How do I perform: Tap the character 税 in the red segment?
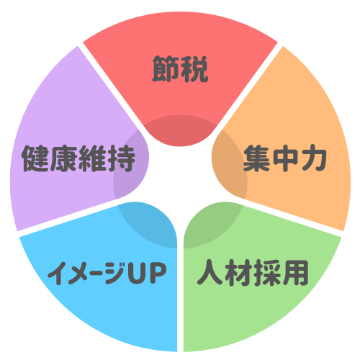194,69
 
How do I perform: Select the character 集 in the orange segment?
256,158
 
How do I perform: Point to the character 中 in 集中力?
285,158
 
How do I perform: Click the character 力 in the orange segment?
313,158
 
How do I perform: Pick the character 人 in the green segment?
211,272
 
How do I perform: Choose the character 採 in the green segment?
267,273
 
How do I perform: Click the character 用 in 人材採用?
295,273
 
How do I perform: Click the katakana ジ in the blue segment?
115,272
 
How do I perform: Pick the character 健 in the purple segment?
36,158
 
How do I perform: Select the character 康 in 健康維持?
64,158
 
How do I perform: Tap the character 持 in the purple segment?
122,158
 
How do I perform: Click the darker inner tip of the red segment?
180,131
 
